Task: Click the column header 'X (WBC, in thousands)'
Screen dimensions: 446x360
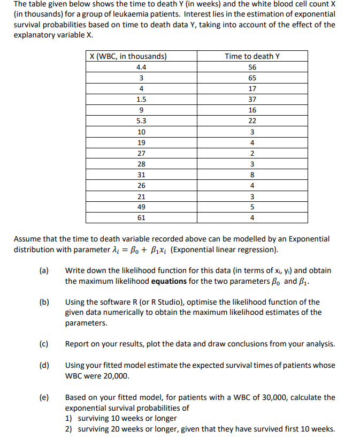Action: pyautogui.click(x=128, y=56)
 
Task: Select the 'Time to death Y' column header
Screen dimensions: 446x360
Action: pyautogui.click(x=252, y=56)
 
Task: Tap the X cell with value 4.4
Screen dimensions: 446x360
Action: pyautogui.click(x=141, y=67)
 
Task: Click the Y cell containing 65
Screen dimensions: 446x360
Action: pyautogui.click(x=252, y=78)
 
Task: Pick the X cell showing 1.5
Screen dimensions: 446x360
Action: pyautogui.click(x=141, y=99)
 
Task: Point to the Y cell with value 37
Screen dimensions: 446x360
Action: pyautogui.click(x=252, y=99)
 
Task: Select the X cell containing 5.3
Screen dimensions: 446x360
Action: pyautogui.click(x=141, y=121)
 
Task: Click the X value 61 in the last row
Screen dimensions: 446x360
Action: pyautogui.click(x=141, y=218)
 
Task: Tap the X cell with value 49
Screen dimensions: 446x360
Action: pyautogui.click(x=141, y=207)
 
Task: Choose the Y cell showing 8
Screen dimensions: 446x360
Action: pyautogui.click(x=252, y=175)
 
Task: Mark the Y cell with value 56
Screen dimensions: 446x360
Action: pyautogui.click(x=252, y=67)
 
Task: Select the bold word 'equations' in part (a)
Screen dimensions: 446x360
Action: pyautogui.click(x=169, y=281)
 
